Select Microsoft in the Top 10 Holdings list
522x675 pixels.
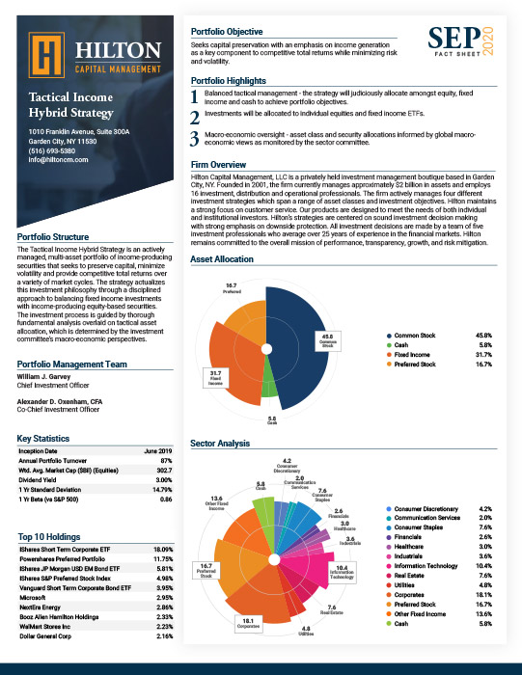35,598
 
